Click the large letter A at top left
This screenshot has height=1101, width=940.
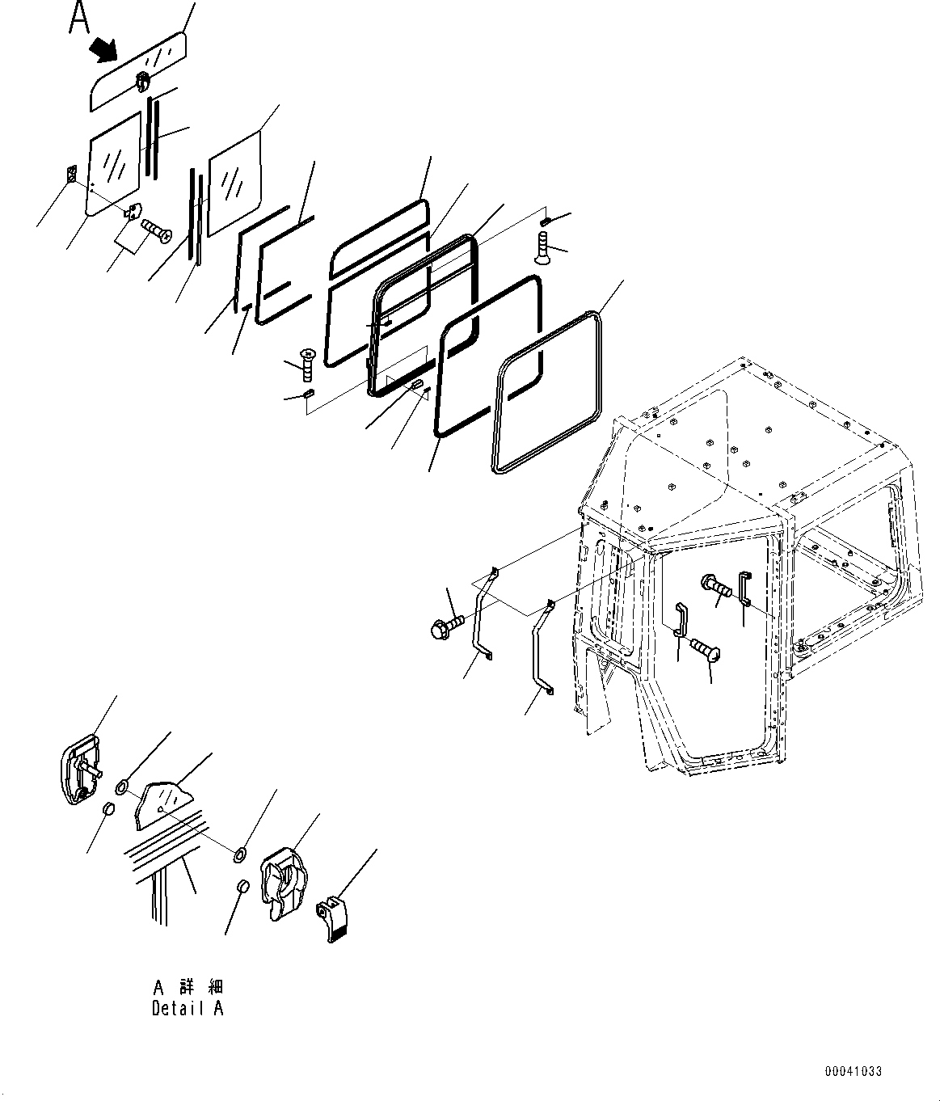point(79,18)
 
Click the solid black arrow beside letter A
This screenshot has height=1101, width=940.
point(103,50)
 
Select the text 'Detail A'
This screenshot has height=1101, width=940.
point(187,1008)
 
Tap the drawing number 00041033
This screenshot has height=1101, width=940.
point(853,1072)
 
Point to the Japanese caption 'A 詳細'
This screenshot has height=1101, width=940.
point(187,987)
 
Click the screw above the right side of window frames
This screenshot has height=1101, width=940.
point(542,246)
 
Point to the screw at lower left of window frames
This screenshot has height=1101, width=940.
point(306,365)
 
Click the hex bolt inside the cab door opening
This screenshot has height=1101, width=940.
point(718,585)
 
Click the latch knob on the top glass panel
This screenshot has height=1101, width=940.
point(142,79)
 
